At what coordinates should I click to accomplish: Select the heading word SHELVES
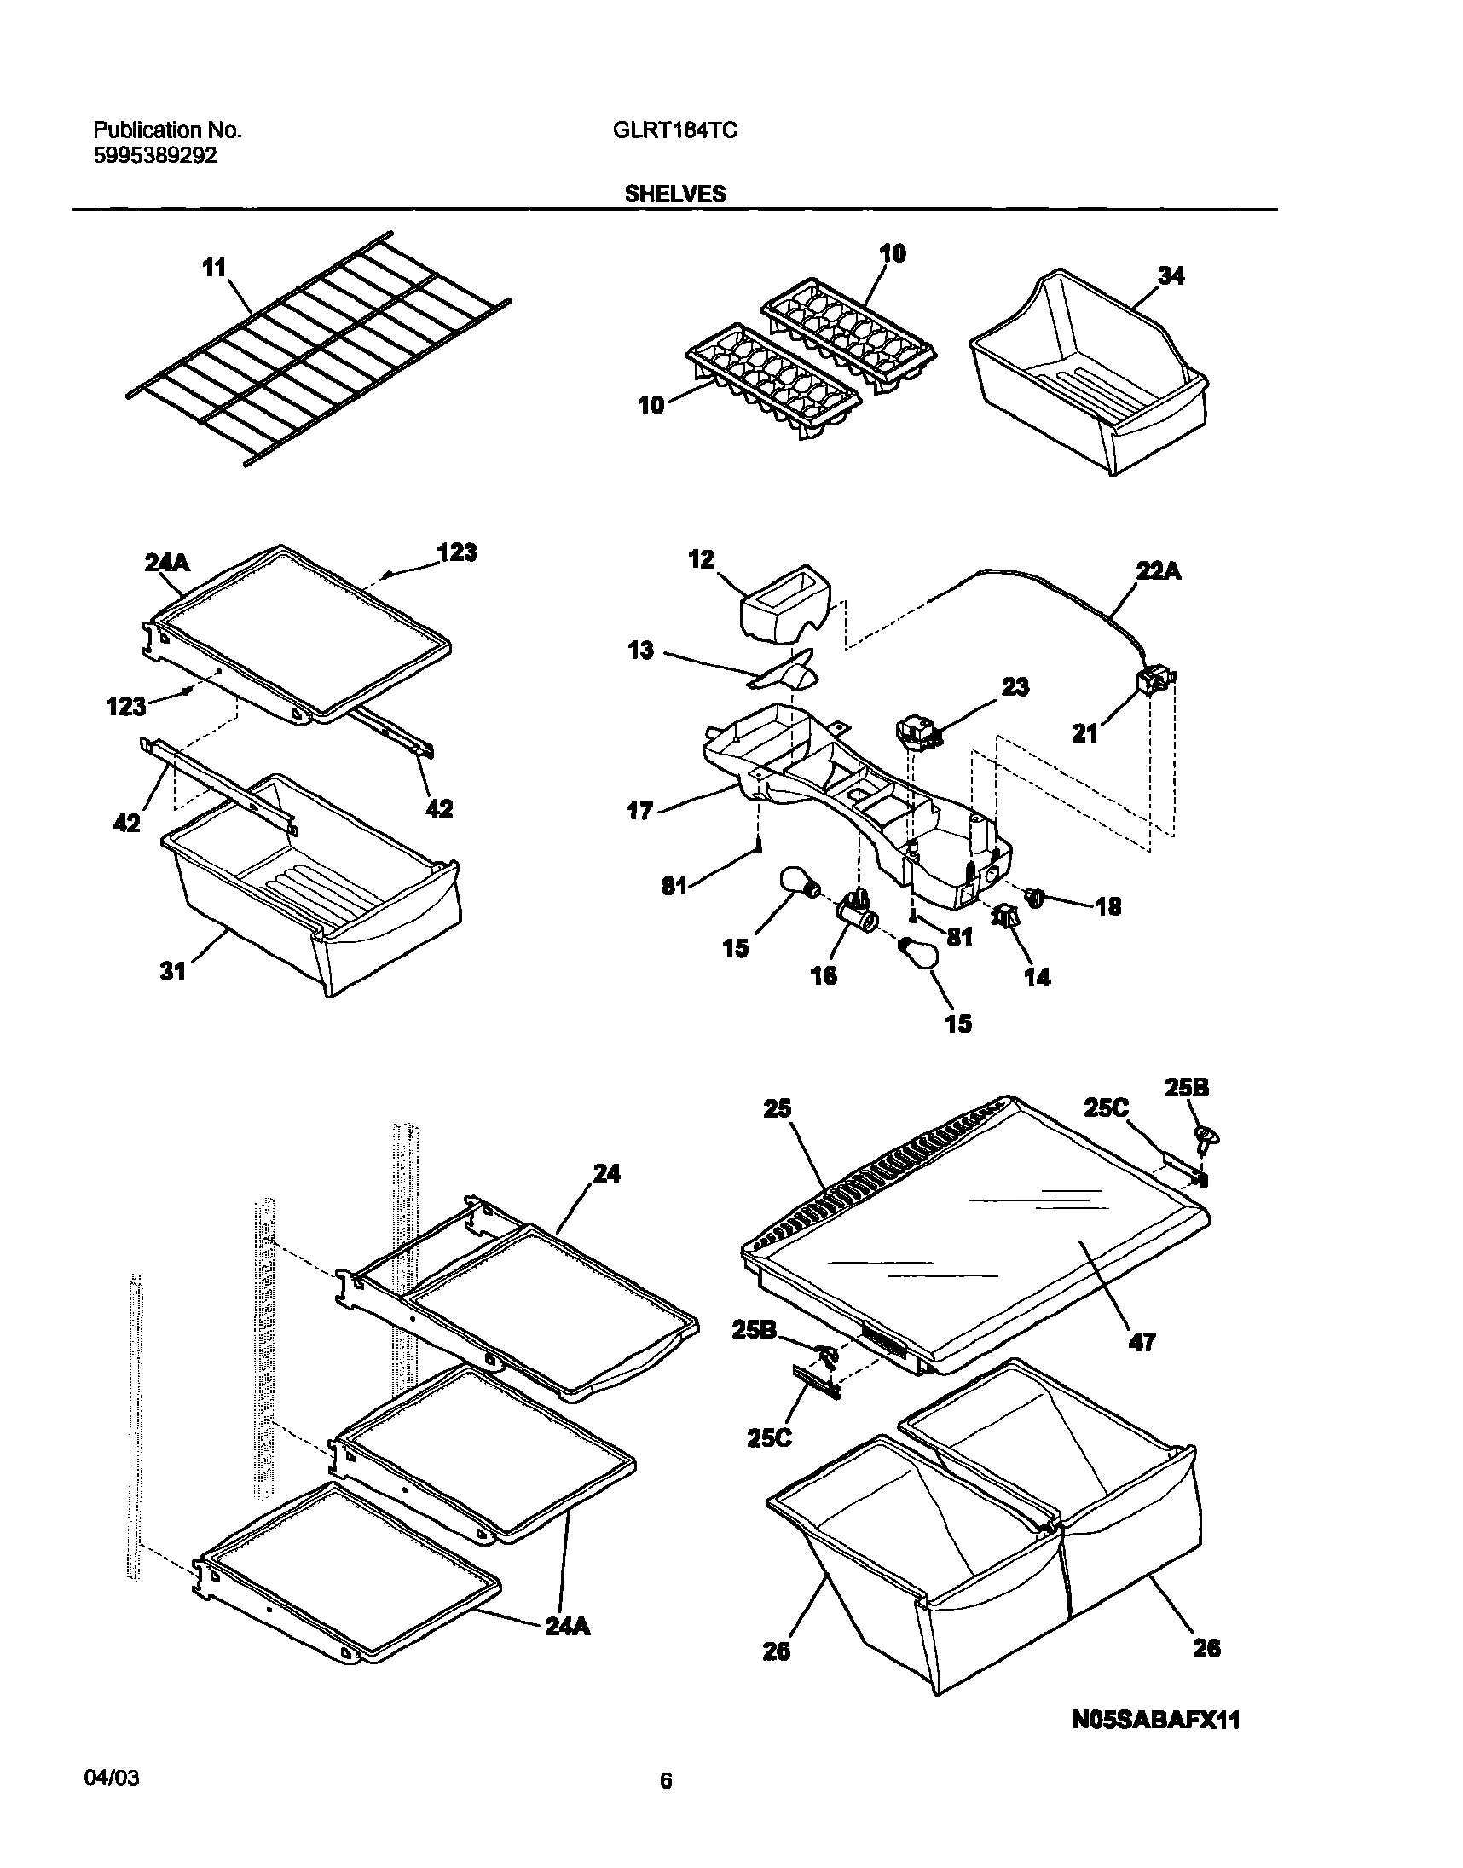675,194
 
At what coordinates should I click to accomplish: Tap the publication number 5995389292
155,156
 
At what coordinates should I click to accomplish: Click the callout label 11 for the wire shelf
214,268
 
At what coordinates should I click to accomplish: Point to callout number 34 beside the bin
1171,275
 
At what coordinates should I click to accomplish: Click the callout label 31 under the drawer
173,971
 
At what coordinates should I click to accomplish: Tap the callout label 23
1015,687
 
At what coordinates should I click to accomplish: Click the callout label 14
1038,977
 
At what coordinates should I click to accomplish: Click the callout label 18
1108,907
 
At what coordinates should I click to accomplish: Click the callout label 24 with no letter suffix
606,1173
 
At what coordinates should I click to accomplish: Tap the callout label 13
641,651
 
